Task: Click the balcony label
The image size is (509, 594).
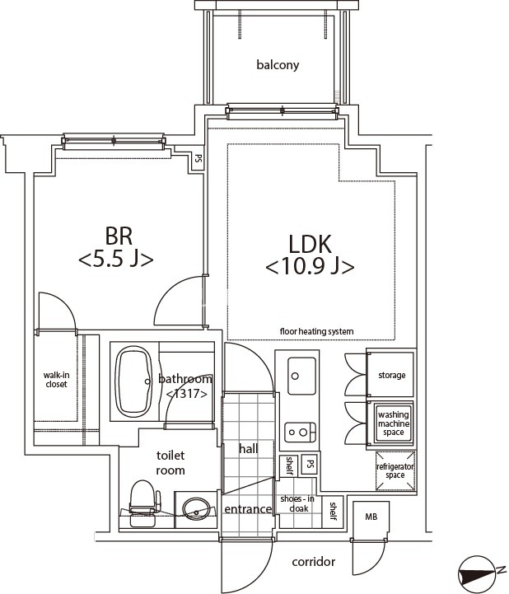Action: [x=278, y=65]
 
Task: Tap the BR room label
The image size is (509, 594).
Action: [x=119, y=236]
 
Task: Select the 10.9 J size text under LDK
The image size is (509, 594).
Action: [x=310, y=267]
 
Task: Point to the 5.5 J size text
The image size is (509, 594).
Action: [x=116, y=260]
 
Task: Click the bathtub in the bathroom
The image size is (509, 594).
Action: [x=133, y=381]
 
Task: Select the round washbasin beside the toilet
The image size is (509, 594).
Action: [x=196, y=507]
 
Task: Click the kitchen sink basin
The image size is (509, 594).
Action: [x=301, y=376]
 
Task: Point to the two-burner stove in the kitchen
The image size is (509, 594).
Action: [x=301, y=432]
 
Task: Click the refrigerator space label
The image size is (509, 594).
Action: [x=395, y=471]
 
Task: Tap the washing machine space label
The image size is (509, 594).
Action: [x=394, y=423]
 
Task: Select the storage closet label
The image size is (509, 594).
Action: [x=391, y=375]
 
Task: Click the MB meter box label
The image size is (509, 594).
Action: [x=371, y=517]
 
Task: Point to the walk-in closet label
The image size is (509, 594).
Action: [x=57, y=380]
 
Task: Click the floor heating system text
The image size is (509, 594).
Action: [x=316, y=331]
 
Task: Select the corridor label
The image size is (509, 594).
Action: [x=314, y=561]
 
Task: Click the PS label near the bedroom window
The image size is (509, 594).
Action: [x=198, y=158]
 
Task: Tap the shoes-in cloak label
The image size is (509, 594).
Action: [x=297, y=503]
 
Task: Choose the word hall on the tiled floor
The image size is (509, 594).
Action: [x=249, y=449]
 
